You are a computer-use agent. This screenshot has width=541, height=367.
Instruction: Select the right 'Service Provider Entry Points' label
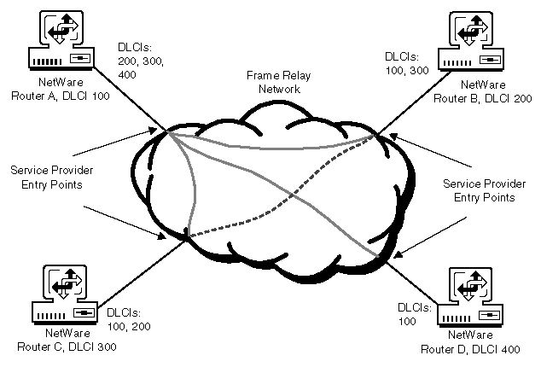[480, 190]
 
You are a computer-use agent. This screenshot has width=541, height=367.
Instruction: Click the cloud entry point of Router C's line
[183, 236]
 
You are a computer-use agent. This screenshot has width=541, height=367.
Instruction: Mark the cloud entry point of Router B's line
[374, 134]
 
